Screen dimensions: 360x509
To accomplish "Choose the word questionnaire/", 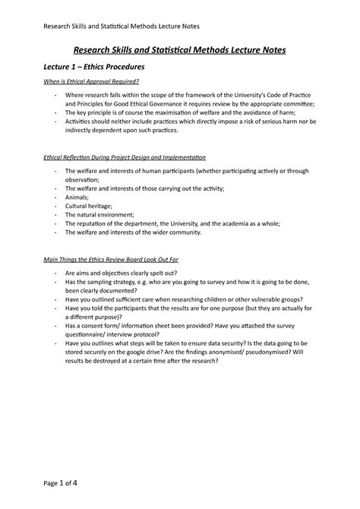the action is point(90,334).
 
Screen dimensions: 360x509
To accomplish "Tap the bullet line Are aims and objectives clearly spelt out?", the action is point(130,272).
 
